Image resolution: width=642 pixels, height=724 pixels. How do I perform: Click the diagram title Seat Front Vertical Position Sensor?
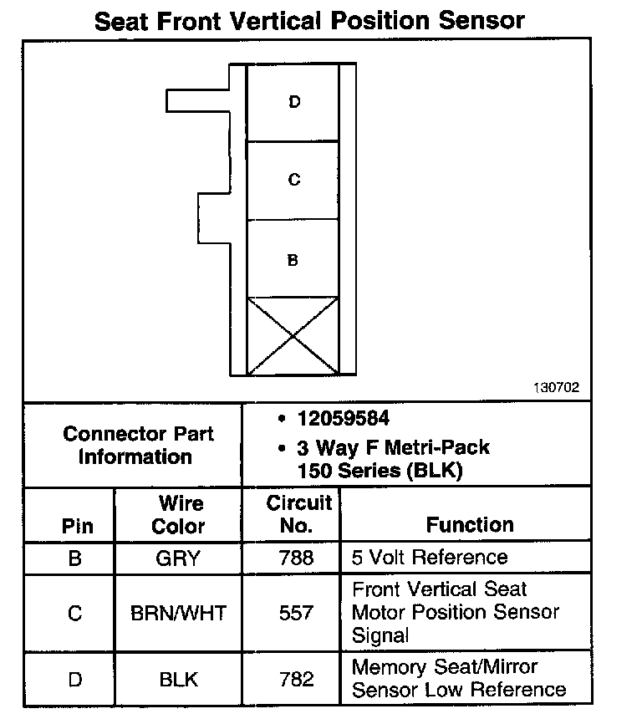(x=309, y=20)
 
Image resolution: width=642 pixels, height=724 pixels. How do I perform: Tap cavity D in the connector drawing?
(x=293, y=103)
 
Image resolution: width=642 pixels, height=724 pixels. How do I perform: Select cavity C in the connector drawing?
(x=293, y=181)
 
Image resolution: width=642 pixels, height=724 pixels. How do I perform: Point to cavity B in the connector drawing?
(x=293, y=260)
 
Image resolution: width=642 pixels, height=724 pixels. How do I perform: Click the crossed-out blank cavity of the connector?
(x=293, y=336)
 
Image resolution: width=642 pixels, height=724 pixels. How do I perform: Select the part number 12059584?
(x=342, y=419)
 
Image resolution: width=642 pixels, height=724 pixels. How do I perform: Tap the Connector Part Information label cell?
(x=138, y=446)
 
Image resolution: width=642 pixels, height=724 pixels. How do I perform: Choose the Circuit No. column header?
(x=298, y=515)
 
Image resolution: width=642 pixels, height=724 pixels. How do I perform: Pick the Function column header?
(x=470, y=525)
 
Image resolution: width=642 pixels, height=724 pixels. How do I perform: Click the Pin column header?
(x=77, y=527)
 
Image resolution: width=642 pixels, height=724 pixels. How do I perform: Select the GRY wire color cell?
(x=179, y=558)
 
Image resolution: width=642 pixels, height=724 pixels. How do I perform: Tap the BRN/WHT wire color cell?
(x=179, y=613)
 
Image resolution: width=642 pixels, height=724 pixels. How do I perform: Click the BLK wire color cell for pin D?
(x=179, y=679)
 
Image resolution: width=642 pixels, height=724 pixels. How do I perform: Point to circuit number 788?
(x=296, y=558)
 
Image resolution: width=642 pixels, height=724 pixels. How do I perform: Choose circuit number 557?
(x=296, y=613)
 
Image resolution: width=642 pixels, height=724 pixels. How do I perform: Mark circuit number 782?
(x=296, y=679)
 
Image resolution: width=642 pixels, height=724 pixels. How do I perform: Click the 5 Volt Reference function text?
(x=430, y=558)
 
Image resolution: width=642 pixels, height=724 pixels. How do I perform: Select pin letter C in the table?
(x=75, y=613)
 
